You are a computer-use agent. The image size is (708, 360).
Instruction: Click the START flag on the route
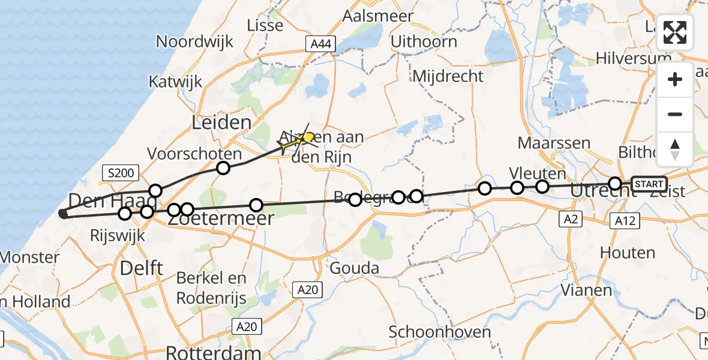(649, 184)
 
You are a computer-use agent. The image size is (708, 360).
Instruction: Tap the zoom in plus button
(675, 79)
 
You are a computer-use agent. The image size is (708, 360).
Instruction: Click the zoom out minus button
(675, 114)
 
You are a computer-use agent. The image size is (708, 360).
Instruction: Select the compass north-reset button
(675, 149)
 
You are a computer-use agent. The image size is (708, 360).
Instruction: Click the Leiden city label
(221, 123)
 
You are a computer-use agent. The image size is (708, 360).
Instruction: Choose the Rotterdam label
(213, 352)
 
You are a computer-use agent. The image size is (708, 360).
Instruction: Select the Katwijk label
(176, 81)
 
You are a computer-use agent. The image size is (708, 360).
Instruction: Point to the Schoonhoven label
(439, 332)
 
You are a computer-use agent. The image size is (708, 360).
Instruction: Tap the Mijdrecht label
(448, 76)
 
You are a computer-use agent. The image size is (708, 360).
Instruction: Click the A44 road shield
(322, 44)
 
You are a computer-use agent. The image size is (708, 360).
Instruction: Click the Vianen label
(586, 290)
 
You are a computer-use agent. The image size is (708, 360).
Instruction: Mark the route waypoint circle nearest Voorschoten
(223, 168)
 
